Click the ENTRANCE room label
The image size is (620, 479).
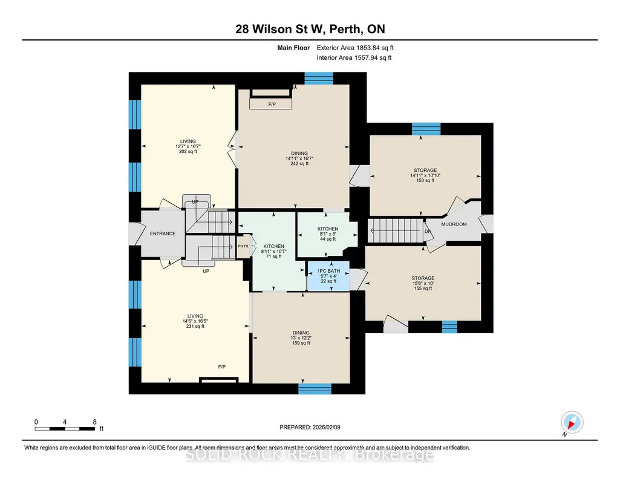coord(163,233)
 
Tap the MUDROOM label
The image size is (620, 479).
coord(454,224)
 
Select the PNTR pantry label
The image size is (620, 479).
coord(243,246)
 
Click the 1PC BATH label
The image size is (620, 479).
coord(328,271)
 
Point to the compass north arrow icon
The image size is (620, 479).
coord(572,423)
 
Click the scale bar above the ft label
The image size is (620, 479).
coord(65,428)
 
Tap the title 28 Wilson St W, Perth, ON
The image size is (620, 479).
coord(310,29)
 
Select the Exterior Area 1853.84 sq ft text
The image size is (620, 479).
coord(355,48)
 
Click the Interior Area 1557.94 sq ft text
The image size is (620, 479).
coord(354,57)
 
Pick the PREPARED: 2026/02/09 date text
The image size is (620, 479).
coord(310,427)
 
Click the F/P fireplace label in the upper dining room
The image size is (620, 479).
coord(272,105)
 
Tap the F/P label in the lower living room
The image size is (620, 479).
coord(222,367)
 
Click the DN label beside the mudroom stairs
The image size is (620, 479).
coord(428,231)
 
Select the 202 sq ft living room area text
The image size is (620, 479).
coord(188,151)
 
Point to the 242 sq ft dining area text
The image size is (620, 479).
coord(299,164)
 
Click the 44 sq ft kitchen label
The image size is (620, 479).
coord(328,239)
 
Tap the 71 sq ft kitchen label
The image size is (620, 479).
coord(273,256)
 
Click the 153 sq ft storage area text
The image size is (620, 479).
coord(425,181)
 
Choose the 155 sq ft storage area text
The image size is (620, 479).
coord(423,288)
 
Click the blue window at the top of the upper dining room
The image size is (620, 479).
coord(319,78)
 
